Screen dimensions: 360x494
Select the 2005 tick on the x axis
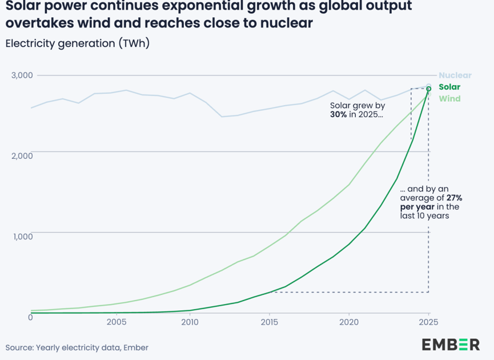coord(117,322)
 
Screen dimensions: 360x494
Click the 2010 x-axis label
coord(190,322)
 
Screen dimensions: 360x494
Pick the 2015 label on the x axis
coord(268,322)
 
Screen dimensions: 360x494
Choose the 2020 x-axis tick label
coord(348,322)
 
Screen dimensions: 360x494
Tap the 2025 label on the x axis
coord(428,322)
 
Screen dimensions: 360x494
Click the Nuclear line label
coord(455,75)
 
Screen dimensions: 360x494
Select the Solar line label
coord(449,87)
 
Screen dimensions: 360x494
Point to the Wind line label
coord(449,99)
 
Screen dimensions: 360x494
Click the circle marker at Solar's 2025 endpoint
coord(428,89)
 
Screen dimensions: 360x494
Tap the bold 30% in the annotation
coord(340,114)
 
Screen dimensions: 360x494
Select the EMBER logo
coord(451,344)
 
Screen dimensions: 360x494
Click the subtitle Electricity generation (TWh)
coord(77,43)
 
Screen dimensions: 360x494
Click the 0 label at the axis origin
coord(30,317)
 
